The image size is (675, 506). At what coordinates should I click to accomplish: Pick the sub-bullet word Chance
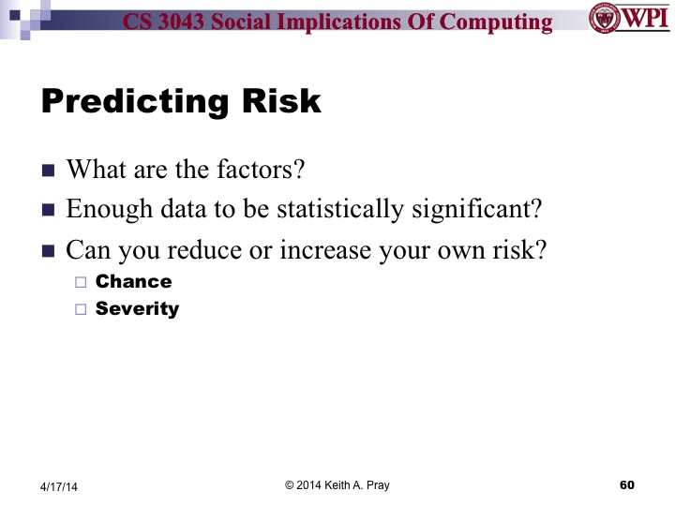[x=134, y=281]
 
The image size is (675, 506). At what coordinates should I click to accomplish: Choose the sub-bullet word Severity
[x=137, y=308]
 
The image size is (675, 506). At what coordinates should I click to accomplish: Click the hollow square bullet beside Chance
[x=80, y=282]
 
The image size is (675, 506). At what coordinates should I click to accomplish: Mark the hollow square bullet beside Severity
[x=80, y=309]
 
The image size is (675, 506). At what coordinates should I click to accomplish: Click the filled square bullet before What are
[x=49, y=171]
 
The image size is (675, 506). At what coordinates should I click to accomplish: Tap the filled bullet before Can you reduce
[x=49, y=251]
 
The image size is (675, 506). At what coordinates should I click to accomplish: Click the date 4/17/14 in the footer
[x=60, y=486]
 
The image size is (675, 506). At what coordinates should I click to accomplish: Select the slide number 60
[x=627, y=484]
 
